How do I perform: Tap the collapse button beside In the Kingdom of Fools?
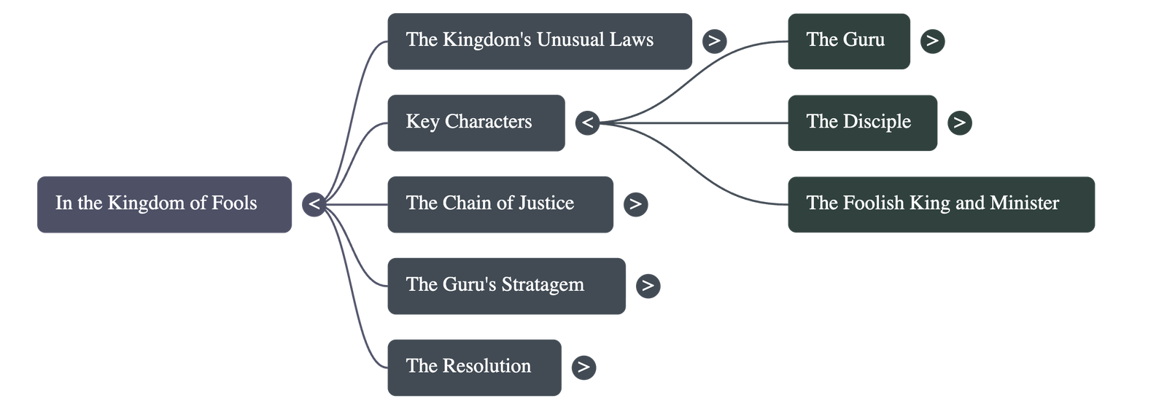[x=314, y=203]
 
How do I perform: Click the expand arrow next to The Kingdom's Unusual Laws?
[x=714, y=41]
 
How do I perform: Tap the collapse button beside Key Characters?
[x=588, y=122]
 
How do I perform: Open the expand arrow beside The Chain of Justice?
[x=635, y=203]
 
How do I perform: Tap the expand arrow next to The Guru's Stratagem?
[x=648, y=285]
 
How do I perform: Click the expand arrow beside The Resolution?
[x=583, y=367]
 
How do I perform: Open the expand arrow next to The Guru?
[x=932, y=41]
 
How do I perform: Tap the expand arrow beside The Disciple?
[x=960, y=122]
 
